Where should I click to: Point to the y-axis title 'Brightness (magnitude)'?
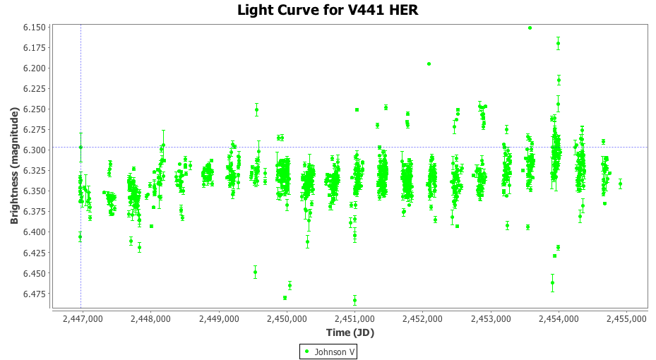(x=14, y=166)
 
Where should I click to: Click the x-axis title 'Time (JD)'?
(x=350, y=332)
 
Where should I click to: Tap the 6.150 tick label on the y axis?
(x=35, y=27)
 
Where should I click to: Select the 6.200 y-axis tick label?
(x=35, y=68)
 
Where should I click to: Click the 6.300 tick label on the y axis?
(x=35, y=150)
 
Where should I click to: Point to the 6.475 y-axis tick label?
(x=35, y=294)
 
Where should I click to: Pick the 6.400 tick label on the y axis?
(x=35, y=232)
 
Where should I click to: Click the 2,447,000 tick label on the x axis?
(x=83, y=319)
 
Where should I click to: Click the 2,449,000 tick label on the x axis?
(x=219, y=319)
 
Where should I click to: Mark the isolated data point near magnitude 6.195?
(x=429, y=64)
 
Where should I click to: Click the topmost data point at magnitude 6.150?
(x=530, y=28)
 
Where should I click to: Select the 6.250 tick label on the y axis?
(x=35, y=109)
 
